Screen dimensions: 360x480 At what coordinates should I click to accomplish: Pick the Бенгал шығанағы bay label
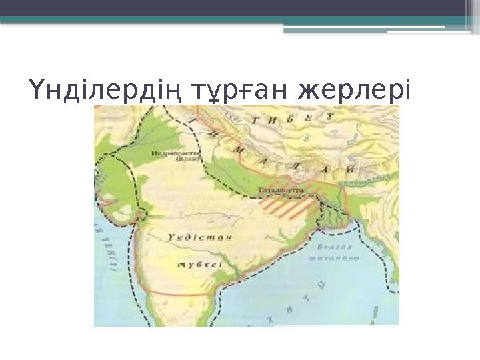point(336,253)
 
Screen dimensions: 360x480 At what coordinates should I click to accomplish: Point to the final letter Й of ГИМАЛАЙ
point(347,171)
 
